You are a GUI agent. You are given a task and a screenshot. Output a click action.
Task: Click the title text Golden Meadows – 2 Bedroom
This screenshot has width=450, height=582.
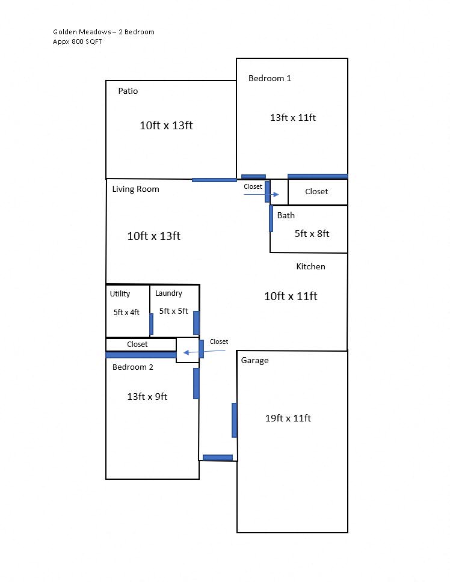[103, 32]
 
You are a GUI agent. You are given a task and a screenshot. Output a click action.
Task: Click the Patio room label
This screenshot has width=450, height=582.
[128, 91]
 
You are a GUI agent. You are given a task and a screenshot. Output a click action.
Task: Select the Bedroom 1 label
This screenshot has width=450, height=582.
[270, 78]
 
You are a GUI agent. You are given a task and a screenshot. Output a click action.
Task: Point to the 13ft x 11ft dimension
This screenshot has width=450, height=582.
[292, 118]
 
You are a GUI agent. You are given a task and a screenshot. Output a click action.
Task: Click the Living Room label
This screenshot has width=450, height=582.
[135, 189]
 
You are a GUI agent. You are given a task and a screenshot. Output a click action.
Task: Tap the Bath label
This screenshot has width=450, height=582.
[286, 215]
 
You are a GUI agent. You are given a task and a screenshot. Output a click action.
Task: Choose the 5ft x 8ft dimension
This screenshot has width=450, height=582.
[312, 233]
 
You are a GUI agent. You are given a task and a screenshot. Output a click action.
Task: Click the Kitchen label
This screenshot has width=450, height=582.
[310, 266]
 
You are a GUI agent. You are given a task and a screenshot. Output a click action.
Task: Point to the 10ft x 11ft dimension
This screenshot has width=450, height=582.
[291, 296]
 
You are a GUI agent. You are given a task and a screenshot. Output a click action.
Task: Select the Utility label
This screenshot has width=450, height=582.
[120, 294]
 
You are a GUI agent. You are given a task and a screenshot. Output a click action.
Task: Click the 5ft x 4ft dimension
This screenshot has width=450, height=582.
[126, 312]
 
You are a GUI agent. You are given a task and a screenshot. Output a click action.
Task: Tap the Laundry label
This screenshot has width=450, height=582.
[168, 293]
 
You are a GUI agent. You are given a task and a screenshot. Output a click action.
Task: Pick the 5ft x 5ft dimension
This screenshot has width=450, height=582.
[173, 311]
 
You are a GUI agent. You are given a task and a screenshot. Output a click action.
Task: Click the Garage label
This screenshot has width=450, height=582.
[254, 361]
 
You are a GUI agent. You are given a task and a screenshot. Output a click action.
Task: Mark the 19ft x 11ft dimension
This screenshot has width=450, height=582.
[288, 418]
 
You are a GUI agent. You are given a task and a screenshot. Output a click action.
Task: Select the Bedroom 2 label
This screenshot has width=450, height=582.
[132, 367]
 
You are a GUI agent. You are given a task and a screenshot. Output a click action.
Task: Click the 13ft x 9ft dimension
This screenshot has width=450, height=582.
[147, 396]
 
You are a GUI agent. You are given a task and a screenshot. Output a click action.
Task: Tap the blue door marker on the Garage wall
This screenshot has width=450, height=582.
[234, 420]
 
